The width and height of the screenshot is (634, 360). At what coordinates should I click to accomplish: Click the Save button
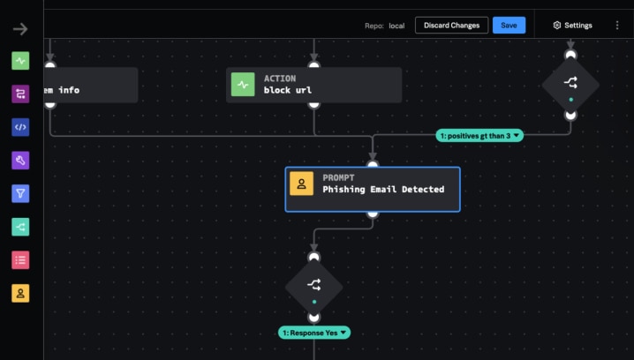tap(509, 26)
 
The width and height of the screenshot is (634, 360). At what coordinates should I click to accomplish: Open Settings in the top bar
tap(572, 26)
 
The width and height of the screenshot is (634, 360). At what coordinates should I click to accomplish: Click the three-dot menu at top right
tap(617, 26)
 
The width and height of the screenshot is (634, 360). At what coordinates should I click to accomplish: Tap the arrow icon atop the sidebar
tap(20, 29)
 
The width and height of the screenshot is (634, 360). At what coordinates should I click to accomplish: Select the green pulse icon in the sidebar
tap(20, 61)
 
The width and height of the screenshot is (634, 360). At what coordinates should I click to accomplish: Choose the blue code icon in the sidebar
tap(20, 127)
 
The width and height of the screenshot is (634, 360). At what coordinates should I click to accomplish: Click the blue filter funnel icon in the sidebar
tap(20, 193)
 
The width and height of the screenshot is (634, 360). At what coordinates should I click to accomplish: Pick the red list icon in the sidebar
tap(20, 259)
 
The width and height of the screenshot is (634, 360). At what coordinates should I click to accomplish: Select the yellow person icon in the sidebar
tap(20, 293)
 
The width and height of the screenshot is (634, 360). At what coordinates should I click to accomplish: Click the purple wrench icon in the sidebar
tap(20, 160)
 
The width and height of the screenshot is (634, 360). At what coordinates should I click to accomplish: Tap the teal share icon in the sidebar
tap(20, 227)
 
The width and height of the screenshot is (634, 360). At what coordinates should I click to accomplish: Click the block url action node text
tap(288, 90)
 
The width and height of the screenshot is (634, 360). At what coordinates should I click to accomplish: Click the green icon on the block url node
tap(243, 85)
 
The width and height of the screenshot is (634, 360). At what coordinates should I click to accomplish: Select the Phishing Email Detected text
tap(383, 189)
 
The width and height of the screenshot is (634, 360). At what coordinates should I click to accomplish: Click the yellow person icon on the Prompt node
tap(302, 184)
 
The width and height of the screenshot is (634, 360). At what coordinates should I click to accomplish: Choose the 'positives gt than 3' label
tap(480, 135)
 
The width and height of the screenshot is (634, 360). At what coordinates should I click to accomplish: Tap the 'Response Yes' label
tap(314, 333)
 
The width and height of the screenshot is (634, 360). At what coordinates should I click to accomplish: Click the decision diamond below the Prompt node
tap(313, 285)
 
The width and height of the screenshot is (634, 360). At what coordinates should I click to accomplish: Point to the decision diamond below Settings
tap(570, 84)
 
